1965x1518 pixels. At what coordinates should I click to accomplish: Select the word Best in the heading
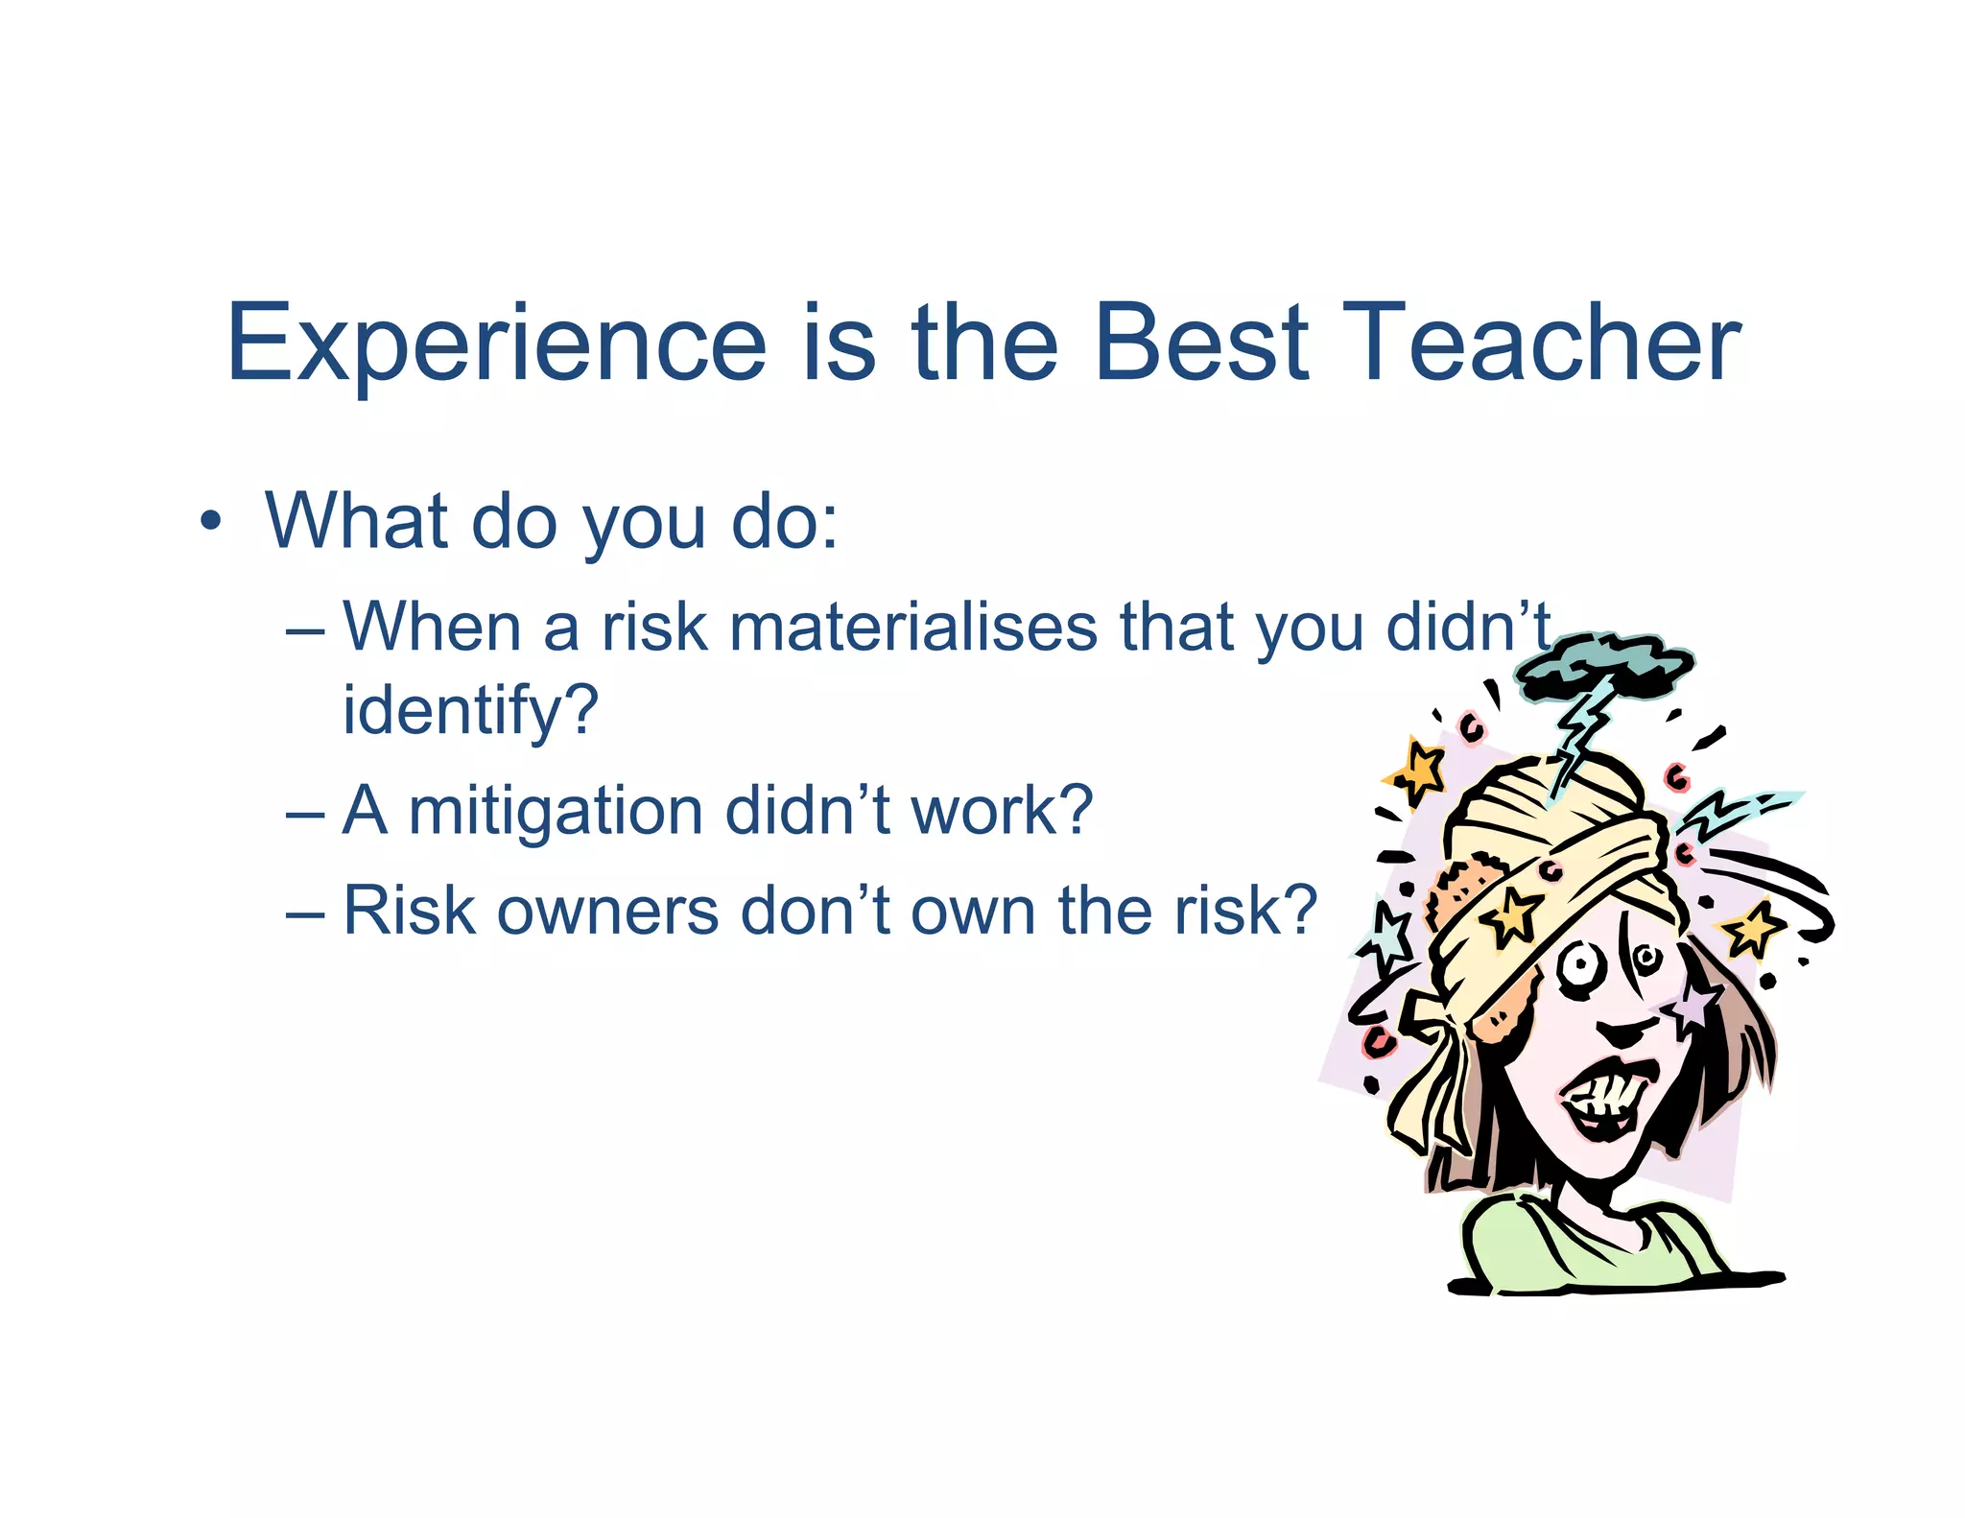coord(1200,344)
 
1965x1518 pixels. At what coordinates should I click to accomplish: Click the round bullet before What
coord(210,522)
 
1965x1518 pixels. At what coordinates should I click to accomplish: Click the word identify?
coord(470,711)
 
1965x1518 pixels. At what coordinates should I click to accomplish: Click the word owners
coord(606,911)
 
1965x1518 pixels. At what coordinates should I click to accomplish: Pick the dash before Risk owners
coord(305,913)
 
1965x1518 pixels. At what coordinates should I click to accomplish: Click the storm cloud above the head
coord(1603,665)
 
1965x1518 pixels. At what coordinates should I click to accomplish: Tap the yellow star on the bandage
coord(1510,914)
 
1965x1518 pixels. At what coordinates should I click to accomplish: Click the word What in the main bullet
coord(356,522)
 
